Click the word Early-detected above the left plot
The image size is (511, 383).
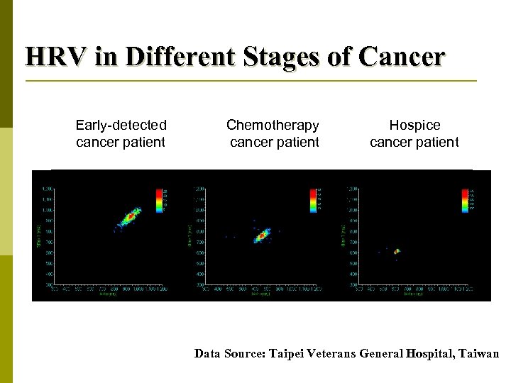click(121, 126)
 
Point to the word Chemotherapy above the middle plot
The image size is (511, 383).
click(273, 126)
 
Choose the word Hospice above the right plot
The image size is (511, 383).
click(414, 126)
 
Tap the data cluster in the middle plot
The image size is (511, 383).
click(262, 235)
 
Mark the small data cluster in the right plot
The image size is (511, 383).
click(397, 251)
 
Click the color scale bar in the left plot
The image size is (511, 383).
click(158, 200)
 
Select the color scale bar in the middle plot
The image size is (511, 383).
click(313, 200)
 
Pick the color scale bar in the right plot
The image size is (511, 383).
click(466, 200)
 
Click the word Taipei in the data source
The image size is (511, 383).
click(293, 353)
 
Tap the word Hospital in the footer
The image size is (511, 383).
click(429, 353)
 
